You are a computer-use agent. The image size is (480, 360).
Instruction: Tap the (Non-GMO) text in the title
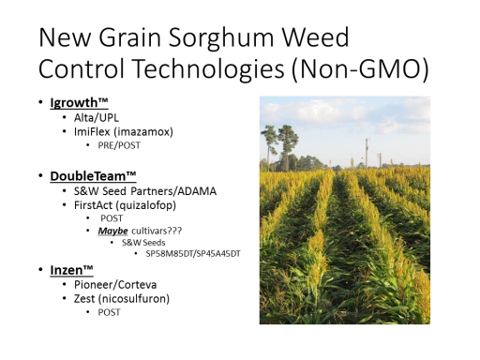(360, 68)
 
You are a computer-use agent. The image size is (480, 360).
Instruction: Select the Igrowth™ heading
(79, 103)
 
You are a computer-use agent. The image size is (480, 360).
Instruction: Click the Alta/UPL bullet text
(97, 118)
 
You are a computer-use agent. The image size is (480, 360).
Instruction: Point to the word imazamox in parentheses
(143, 131)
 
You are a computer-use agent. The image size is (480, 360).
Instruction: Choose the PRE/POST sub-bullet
(119, 145)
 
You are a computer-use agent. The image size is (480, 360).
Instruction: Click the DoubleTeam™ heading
(93, 176)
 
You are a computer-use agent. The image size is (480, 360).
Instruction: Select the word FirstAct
(93, 205)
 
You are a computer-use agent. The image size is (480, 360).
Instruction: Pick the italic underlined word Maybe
(112, 231)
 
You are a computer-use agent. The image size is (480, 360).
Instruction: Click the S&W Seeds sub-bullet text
(143, 243)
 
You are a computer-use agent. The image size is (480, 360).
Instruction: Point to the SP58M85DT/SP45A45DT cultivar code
(193, 254)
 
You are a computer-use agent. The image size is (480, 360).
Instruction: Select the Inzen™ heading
(71, 270)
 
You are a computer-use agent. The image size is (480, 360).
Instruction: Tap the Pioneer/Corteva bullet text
(115, 285)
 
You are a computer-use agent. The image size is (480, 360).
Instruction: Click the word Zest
(84, 299)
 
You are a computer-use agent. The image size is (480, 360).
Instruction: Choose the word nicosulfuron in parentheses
(134, 299)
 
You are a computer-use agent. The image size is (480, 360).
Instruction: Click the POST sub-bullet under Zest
(109, 312)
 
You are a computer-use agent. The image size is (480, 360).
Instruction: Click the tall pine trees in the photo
(279, 147)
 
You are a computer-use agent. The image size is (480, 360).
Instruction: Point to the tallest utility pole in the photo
(367, 153)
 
